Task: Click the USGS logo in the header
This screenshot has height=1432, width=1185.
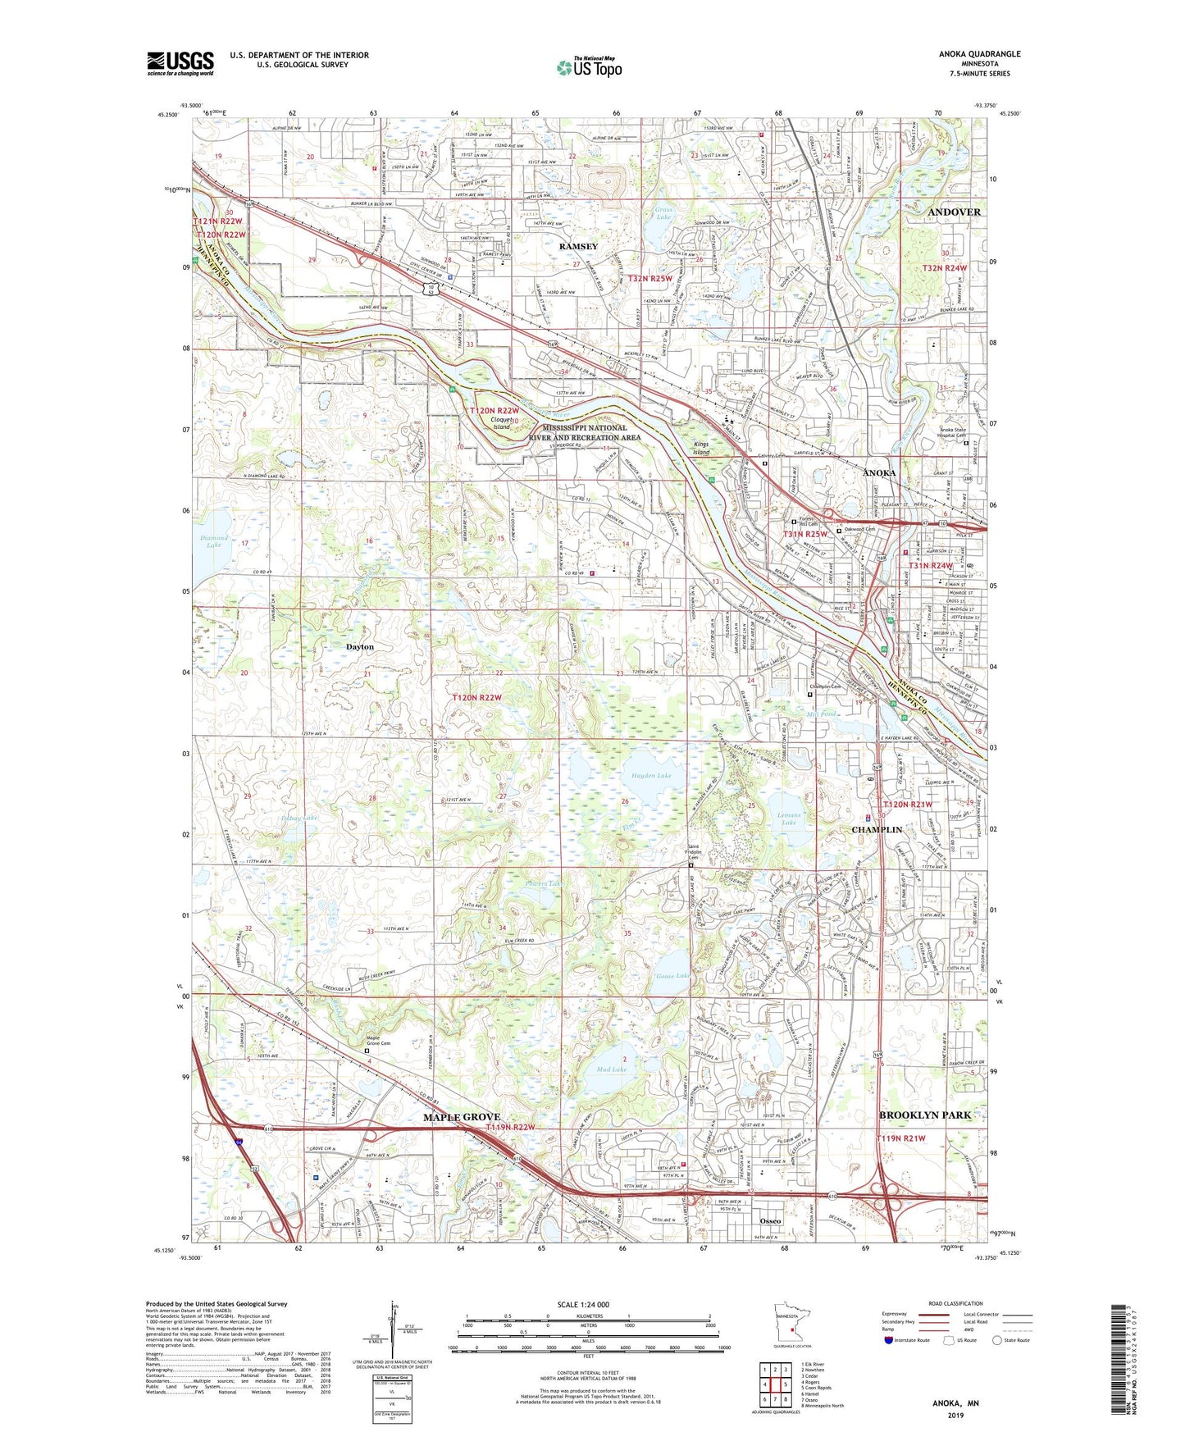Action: (x=180, y=62)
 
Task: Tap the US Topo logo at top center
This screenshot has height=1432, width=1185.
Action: (x=589, y=66)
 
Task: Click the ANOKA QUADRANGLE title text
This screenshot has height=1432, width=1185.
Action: (x=980, y=54)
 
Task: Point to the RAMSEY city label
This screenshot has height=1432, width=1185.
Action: (x=578, y=246)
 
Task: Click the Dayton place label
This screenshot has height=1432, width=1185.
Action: (x=359, y=646)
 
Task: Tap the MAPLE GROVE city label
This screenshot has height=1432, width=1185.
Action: (x=462, y=1117)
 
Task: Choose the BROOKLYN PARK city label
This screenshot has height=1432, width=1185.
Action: (x=924, y=1115)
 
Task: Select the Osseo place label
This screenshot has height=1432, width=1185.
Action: (x=769, y=1220)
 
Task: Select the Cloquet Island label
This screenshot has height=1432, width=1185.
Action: (x=501, y=423)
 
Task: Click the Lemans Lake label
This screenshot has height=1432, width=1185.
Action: (x=788, y=818)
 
